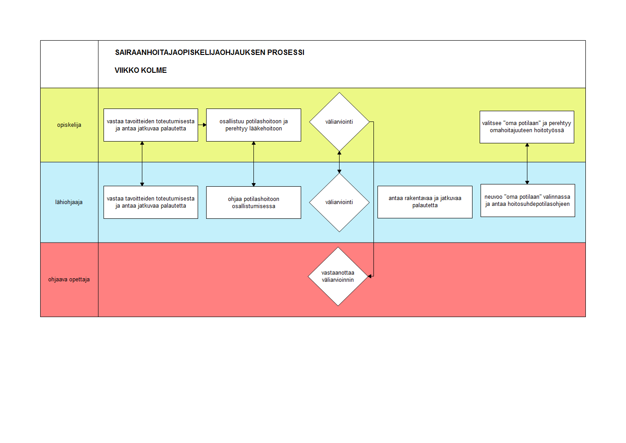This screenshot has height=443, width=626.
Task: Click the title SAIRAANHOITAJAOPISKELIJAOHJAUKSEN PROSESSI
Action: coord(210,53)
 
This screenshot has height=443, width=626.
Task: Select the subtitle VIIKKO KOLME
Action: coord(141,70)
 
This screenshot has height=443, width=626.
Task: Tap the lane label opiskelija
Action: coord(69,125)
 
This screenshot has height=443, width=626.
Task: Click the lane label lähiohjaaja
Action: coord(69,202)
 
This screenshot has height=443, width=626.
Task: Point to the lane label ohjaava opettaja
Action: coord(69,280)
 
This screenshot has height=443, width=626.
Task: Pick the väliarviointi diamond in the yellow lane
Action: coord(339,122)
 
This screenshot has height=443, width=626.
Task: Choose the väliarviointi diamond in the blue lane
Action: coord(339,202)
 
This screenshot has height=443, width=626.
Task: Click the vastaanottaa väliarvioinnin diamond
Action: coord(338,276)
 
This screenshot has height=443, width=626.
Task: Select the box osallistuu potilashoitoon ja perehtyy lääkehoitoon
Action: coord(253,125)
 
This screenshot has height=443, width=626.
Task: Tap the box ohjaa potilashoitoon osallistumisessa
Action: coord(253,202)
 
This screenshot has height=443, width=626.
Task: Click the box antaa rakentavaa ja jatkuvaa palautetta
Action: coord(425,202)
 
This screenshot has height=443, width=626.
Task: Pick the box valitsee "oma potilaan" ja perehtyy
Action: coord(527,127)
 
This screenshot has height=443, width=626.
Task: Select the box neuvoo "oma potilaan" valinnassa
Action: coord(528,200)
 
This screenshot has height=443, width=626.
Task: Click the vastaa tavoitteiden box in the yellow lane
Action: coord(151,125)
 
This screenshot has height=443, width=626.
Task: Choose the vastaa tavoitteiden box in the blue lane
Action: coord(151,202)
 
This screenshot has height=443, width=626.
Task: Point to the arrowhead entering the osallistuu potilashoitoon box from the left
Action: coord(204,125)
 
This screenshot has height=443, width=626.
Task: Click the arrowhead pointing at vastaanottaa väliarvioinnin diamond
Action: coord(370,276)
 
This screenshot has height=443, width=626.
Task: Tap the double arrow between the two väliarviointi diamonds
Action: coord(339,162)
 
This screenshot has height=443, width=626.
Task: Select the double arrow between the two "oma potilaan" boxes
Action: coord(527,163)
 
